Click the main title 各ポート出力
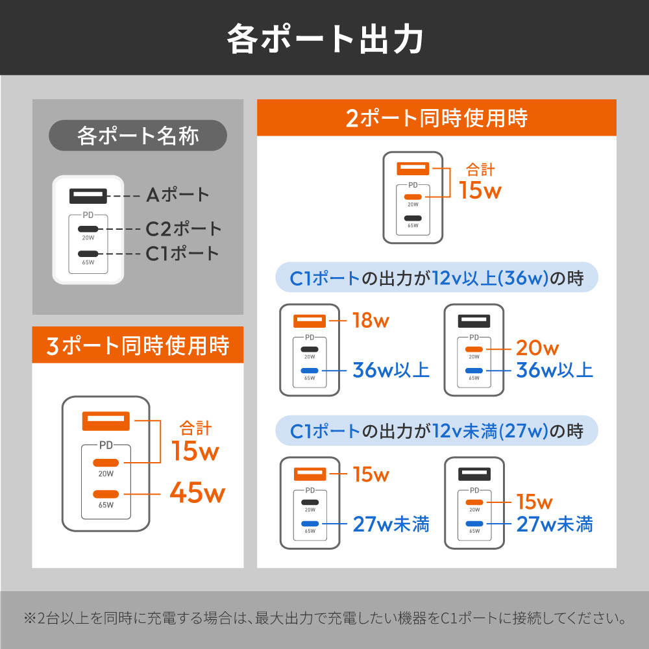pos(325,39)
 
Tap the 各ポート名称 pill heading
pos(138,136)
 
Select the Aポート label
pos(178,195)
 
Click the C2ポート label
pos(184,229)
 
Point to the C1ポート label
pos(182,253)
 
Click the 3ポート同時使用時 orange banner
pos(138,345)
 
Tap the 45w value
pos(197,493)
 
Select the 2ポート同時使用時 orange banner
pos(437,117)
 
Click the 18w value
pos(371,321)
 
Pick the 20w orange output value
pos(537,348)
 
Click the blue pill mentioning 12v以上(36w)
pos(437,277)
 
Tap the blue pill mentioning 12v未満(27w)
pos(437,430)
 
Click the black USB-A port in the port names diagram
pos(88,196)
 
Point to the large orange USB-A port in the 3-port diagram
pos(106,421)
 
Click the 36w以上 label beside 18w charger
pos(391,370)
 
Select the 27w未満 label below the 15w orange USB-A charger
pos(391,524)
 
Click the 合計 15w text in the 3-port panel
pos(195,441)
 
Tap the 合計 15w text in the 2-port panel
pos(480,181)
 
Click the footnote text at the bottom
pos(325,618)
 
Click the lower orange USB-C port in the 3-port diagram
pos(106,494)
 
